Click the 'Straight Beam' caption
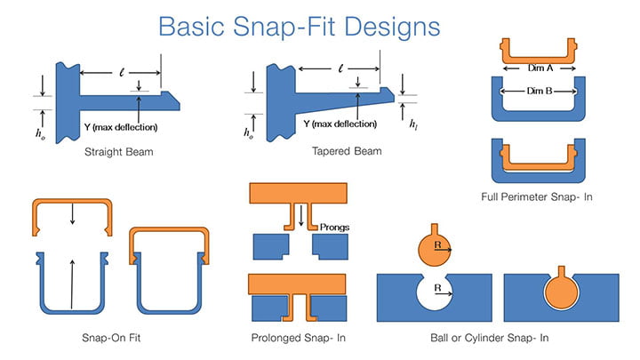[x=119, y=152]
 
